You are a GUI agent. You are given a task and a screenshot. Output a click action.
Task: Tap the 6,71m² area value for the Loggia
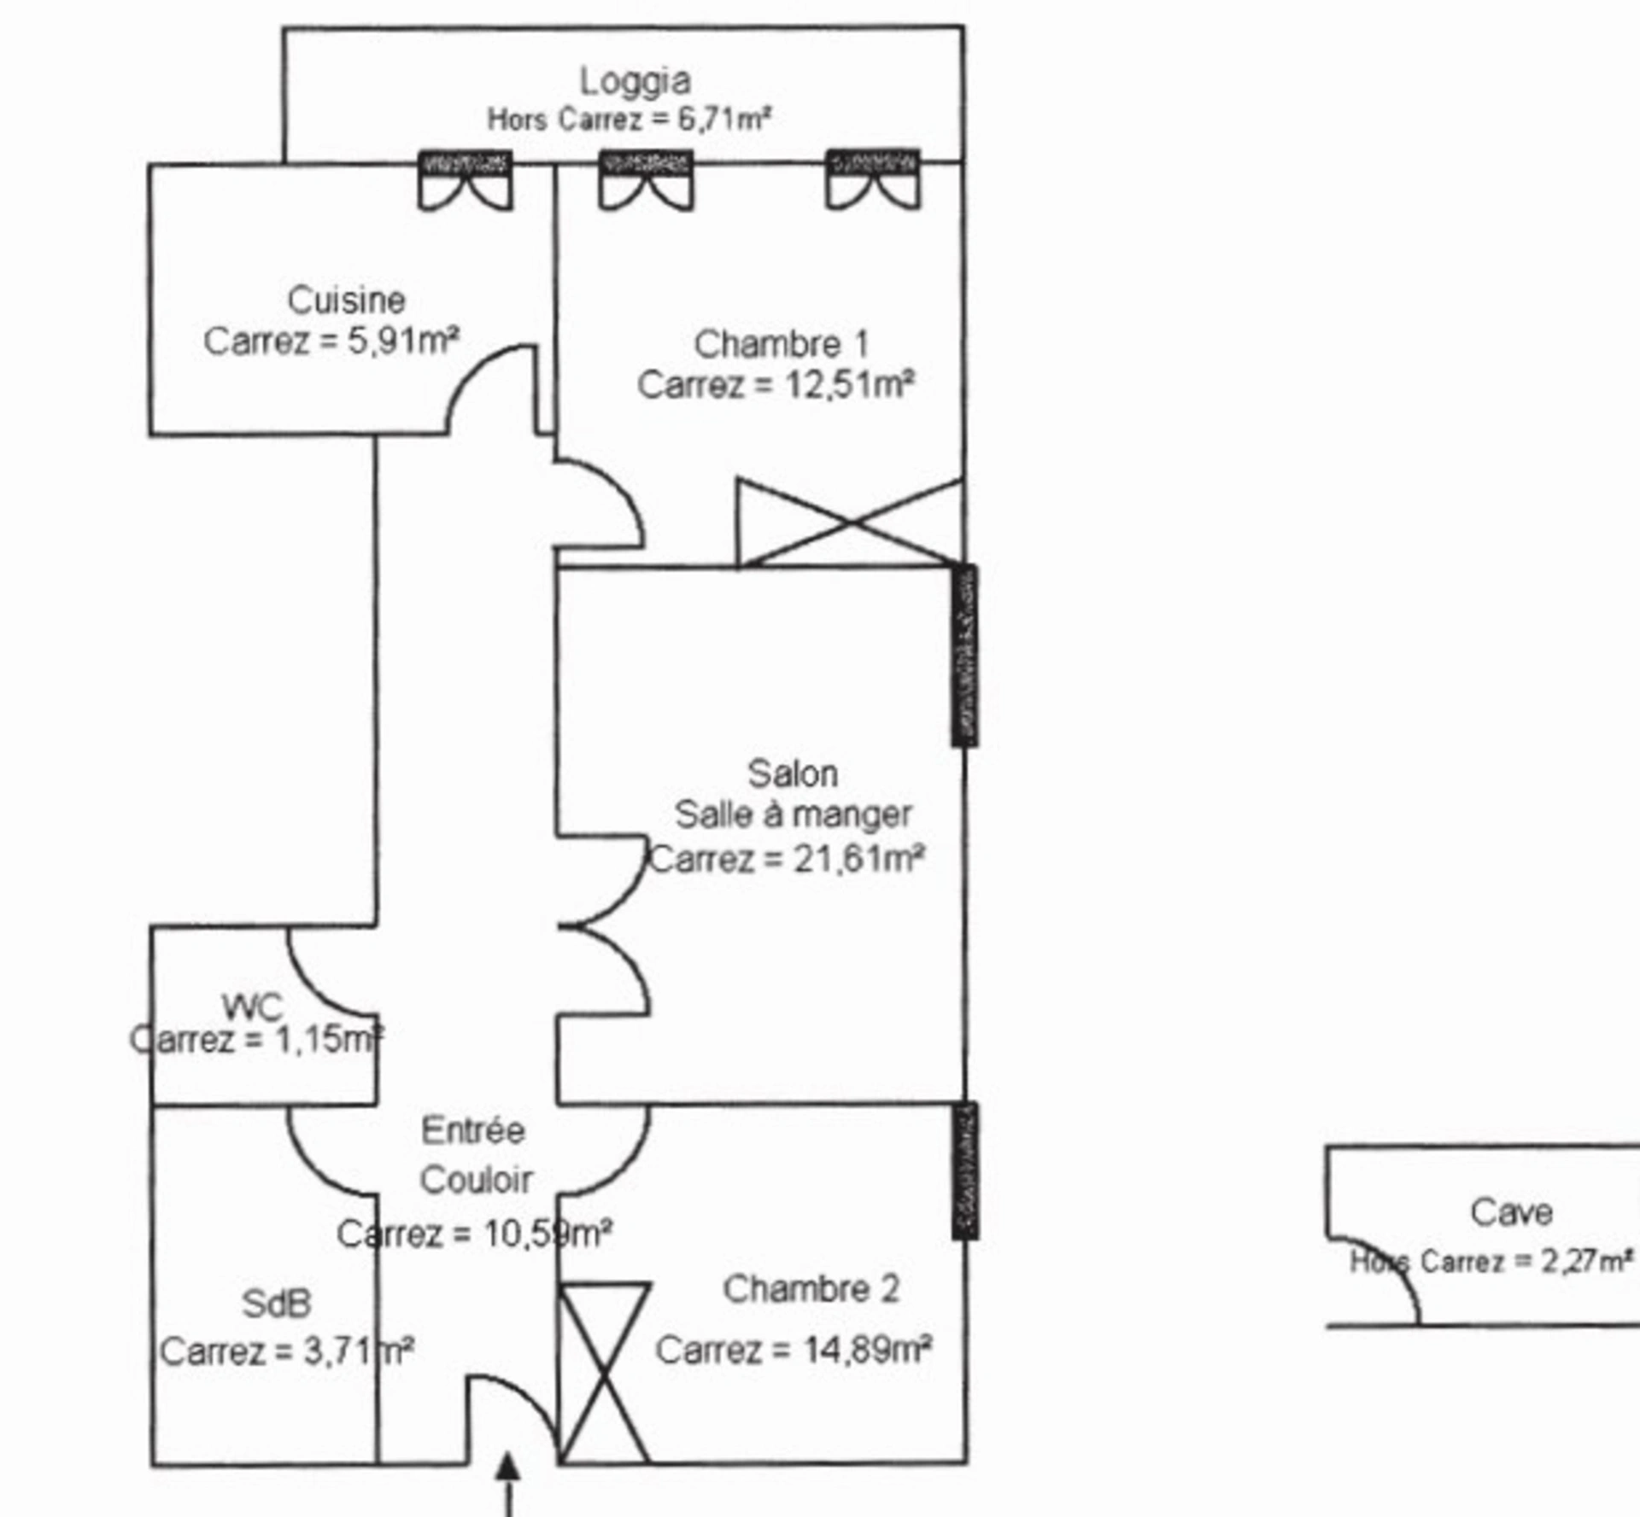point(724,118)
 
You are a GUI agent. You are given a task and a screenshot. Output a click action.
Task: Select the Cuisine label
point(346,300)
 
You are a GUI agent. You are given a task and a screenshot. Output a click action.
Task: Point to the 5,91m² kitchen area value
point(403,341)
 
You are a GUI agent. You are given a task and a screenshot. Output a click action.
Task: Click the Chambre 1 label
point(781,344)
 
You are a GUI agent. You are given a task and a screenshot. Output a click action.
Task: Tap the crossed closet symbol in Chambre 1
point(851,522)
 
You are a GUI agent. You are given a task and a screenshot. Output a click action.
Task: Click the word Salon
point(793,773)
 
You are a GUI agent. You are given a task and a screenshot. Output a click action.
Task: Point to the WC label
point(252,1007)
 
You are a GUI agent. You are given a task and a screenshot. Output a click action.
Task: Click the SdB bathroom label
point(276,1304)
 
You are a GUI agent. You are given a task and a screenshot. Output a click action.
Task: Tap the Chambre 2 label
point(811,1289)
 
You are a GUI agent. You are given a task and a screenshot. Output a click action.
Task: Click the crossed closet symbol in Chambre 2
point(604,1373)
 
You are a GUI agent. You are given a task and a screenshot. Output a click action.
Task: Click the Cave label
point(1511,1211)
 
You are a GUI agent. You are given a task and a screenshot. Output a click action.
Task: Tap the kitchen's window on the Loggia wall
point(466,179)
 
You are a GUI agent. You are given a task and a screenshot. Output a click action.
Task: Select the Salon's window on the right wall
point(965,656)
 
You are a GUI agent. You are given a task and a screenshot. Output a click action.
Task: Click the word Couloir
point(477,1181)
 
